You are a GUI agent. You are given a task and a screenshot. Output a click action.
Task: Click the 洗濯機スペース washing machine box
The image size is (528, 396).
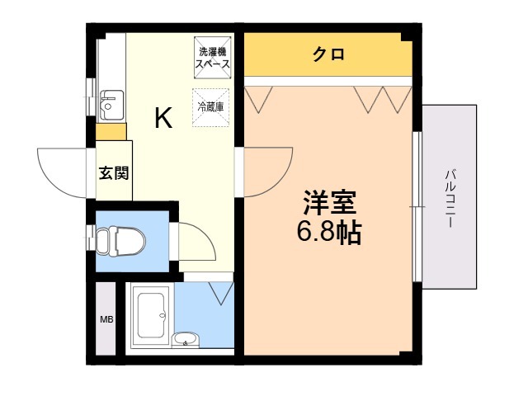click(213, 56)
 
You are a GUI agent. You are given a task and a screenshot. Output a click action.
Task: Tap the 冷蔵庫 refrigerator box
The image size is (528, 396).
click(211, 107)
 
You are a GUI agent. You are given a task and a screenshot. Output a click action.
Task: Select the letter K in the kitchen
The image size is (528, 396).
click(163, 120)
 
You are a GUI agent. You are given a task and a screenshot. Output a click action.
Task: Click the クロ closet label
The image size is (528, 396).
click(328, 55)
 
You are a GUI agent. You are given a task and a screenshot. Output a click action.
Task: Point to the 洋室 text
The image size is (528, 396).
click(328, 201)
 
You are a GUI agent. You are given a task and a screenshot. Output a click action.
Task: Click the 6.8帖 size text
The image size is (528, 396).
click(328, 232)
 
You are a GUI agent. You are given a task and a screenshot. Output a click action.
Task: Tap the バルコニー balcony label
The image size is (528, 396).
click(450, 198)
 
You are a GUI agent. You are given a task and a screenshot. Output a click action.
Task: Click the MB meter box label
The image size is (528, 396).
click(106, 319)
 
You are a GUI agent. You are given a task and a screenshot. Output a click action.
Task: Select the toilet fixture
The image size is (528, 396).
click(119, 241)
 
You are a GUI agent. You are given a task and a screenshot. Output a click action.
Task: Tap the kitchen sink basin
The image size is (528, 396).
click(109, 105)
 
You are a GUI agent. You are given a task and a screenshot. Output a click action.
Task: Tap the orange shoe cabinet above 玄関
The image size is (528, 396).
click(111, 132)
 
